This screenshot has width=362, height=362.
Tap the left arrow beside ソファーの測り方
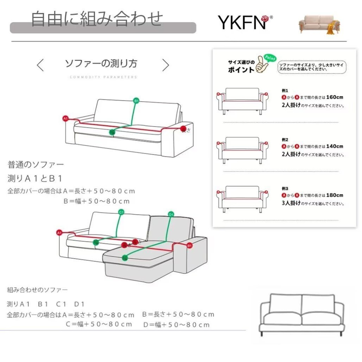coord(40,65)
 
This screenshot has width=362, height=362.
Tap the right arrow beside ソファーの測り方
coord(166,65)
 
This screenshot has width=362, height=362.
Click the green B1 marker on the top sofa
coord(136,100)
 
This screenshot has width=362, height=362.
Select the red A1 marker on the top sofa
coord(66,118)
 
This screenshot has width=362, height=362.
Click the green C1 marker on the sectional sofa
coord(121,212)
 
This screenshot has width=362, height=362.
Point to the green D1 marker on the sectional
coord(171,214)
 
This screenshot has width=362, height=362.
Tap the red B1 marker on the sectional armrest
coord(189,245)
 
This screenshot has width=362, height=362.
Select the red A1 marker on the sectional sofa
coord(59,233)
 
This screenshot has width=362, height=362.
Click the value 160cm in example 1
coord(335,97)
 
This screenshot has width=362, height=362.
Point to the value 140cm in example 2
coord(335,146)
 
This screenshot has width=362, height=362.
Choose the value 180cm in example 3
coord(335,195)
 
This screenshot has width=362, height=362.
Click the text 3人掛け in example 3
coord(291,203)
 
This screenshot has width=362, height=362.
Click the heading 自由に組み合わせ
coord(97,19)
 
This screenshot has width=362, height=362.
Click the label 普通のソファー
coord(36,165)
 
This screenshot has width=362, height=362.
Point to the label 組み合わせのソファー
coord(37,290)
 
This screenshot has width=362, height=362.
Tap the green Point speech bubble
coord(270,58)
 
